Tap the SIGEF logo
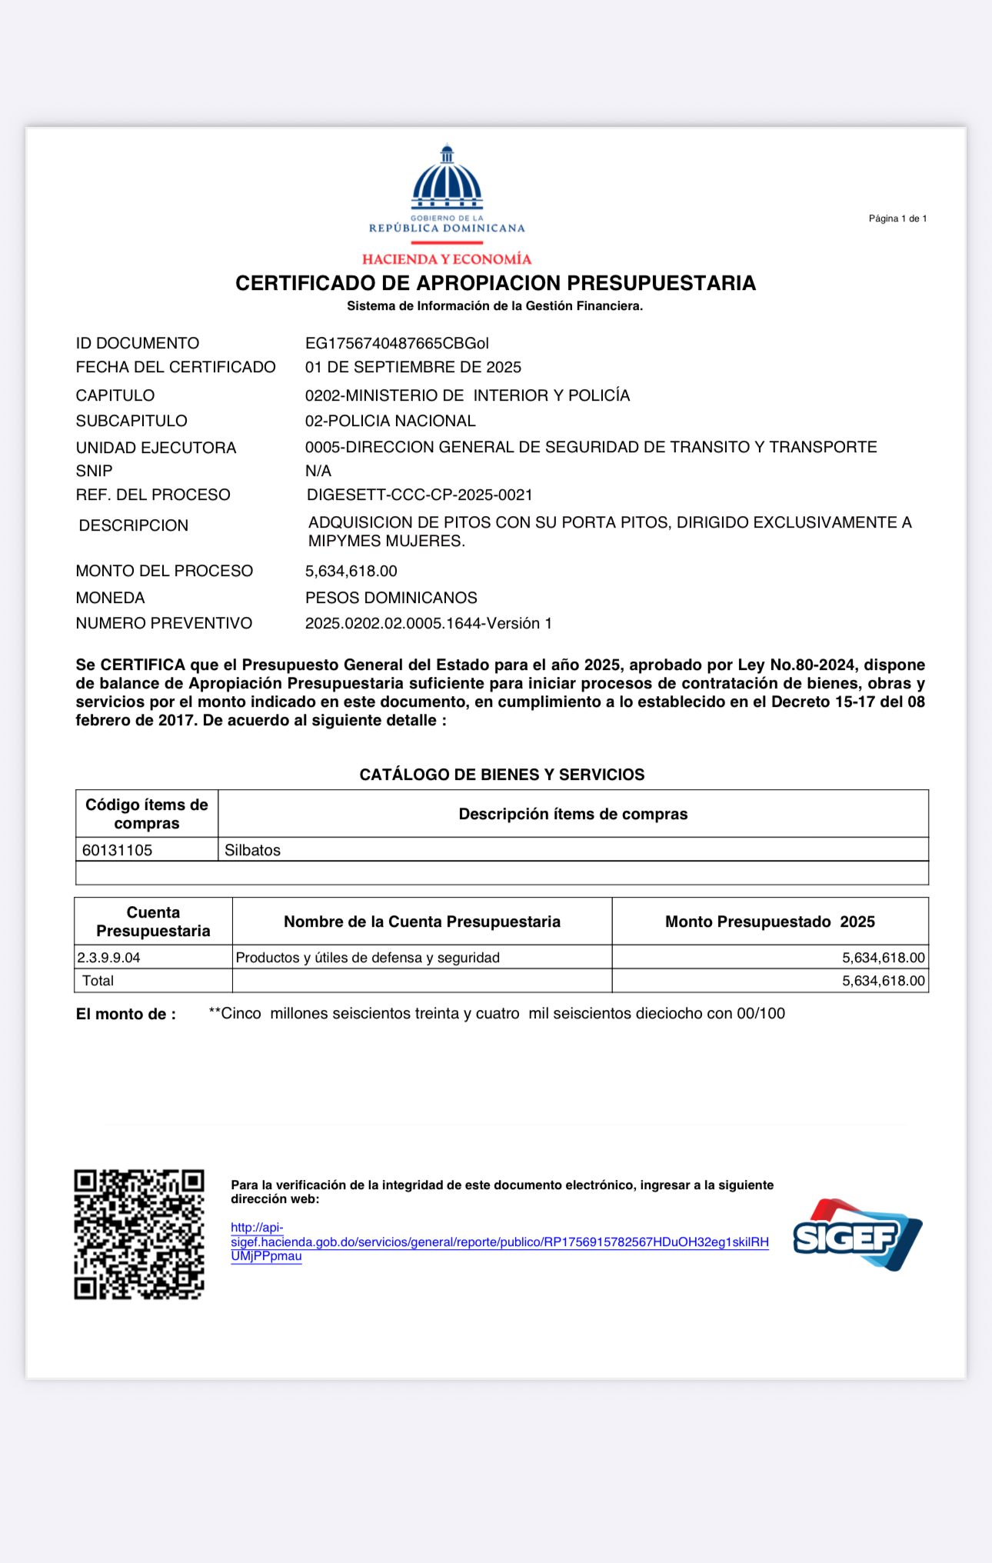(x=857, y=1235)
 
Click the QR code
(x=139, y=1235)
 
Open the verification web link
(x=499, y=1241)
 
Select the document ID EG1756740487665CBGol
(x=397, y=343)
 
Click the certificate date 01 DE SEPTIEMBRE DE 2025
(x=413, y=367)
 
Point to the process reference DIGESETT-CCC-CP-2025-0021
(x=419, y=495)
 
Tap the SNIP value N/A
(x=318, y=471)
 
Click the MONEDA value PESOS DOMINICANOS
(x=391, y=598)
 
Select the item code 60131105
(x=118, y=850)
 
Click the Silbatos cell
(x=252, y=850)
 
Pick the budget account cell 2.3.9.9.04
(x=109, y=958)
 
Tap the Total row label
(x=98, y=981)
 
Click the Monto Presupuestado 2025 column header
(x=770, y=921)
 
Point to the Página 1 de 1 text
(x=897, y=218)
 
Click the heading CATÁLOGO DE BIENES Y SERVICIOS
(x=502, y=775)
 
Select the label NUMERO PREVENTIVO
(x=164, y=623)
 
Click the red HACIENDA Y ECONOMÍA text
(x=447, y=259)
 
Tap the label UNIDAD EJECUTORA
(x=156, y=448)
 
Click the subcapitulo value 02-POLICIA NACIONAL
(x=390, y=421)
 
